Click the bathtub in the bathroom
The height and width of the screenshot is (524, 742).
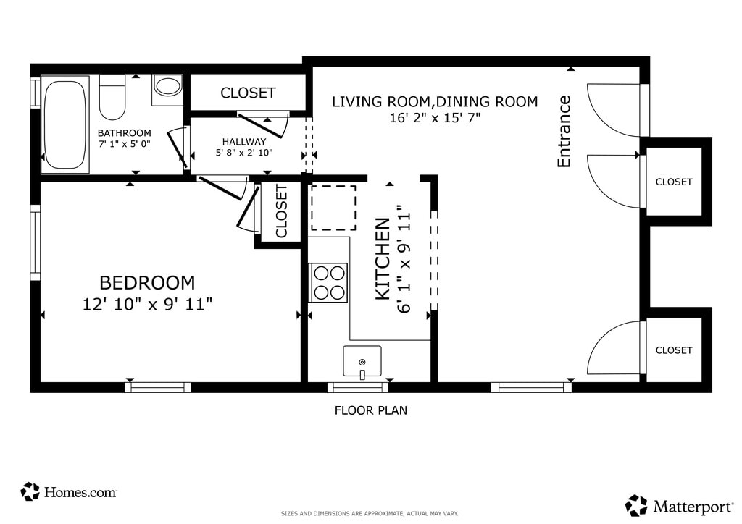pyautogui.click(x=65, y=124)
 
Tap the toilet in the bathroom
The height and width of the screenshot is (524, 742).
pyautogui.click(x=112, y=97)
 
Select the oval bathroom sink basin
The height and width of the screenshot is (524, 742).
pyautogui.click(x=167, y=86)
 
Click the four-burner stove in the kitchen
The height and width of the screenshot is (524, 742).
pyautogui.click(x=328, y=282)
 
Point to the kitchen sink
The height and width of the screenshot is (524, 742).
pyautogui.click(x=362, y=362)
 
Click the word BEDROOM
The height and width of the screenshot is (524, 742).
pyautogui.click(x=147, y=282)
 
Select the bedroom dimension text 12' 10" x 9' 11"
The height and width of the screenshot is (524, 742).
pyautogui.click(x=147, y=304)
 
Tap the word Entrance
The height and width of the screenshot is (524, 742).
pyautogui.click(x=564, y=131)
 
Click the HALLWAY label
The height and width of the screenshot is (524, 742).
pyautogui.click(x=244, y=141)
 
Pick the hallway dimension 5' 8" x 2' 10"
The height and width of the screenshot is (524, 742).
pyautogui.click(x=244, y=153)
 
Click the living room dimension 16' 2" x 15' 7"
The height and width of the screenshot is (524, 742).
pyautogui.click(x=435, y=118)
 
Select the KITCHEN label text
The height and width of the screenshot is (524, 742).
pyautogui.click(x=383, y=259)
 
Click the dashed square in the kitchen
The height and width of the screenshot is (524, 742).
pyautogui.click(x=333, y=208)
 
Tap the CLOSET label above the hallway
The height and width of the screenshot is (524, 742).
pyautogui.click(x=248, y=93)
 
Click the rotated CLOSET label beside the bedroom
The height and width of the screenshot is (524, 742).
pyautogui.click(x=281, y=211)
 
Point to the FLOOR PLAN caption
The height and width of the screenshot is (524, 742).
pyautogui.click(x=371, y=410)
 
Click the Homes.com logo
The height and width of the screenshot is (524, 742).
pyautogui.click(x=68, y=492)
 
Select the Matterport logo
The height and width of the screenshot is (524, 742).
pyautogui.click(x=679, y=506)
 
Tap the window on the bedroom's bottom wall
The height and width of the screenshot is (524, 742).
pyautogui.click(x=158, y=387)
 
